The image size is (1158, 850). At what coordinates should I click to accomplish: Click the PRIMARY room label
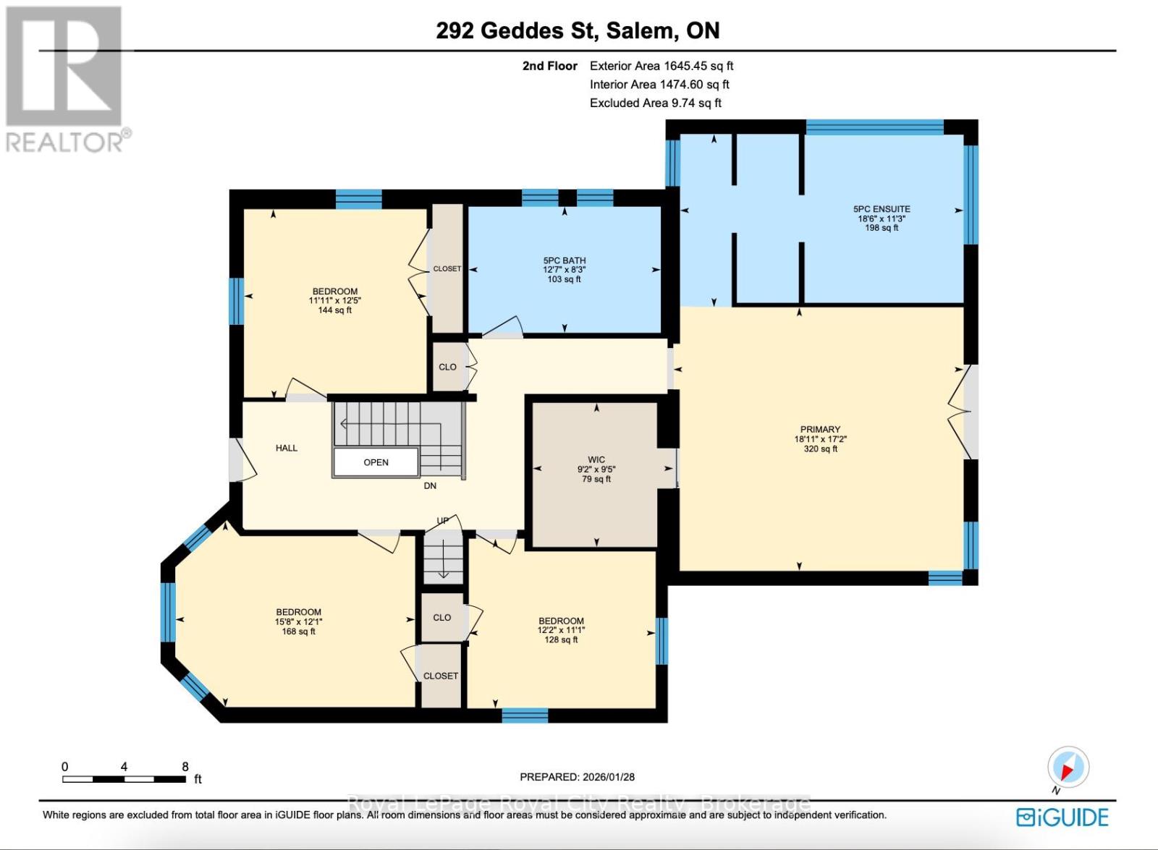[820, 430]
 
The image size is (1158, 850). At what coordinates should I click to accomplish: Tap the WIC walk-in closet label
[596, 460]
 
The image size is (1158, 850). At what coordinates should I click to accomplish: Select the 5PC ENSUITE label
[882, 209]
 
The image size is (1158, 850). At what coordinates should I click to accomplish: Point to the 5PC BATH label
[565, 260]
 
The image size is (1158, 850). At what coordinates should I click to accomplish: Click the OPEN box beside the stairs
[376, 462]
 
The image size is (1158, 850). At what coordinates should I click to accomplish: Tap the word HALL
[287, 448]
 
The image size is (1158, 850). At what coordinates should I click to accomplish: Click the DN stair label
[430, 486]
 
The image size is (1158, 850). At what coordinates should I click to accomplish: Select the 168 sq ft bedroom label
[298, 621]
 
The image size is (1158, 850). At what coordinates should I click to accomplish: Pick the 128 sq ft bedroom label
[561, 630]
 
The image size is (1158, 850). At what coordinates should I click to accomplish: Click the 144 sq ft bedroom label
[334, 301]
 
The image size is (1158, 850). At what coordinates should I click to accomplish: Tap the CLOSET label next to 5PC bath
[447, 268]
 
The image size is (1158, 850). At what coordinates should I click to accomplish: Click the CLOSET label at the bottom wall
[441, 676]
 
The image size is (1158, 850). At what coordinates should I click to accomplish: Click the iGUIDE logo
[1062, 817]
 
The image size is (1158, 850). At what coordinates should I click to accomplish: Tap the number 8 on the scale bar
[185, 767]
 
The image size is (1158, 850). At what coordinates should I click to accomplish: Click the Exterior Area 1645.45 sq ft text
[662, 66]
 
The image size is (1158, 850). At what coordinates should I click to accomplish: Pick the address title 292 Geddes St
[578, 30]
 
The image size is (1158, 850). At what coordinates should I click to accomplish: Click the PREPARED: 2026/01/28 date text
[577, 777]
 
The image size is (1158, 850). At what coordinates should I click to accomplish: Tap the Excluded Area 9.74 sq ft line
[655, 103]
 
